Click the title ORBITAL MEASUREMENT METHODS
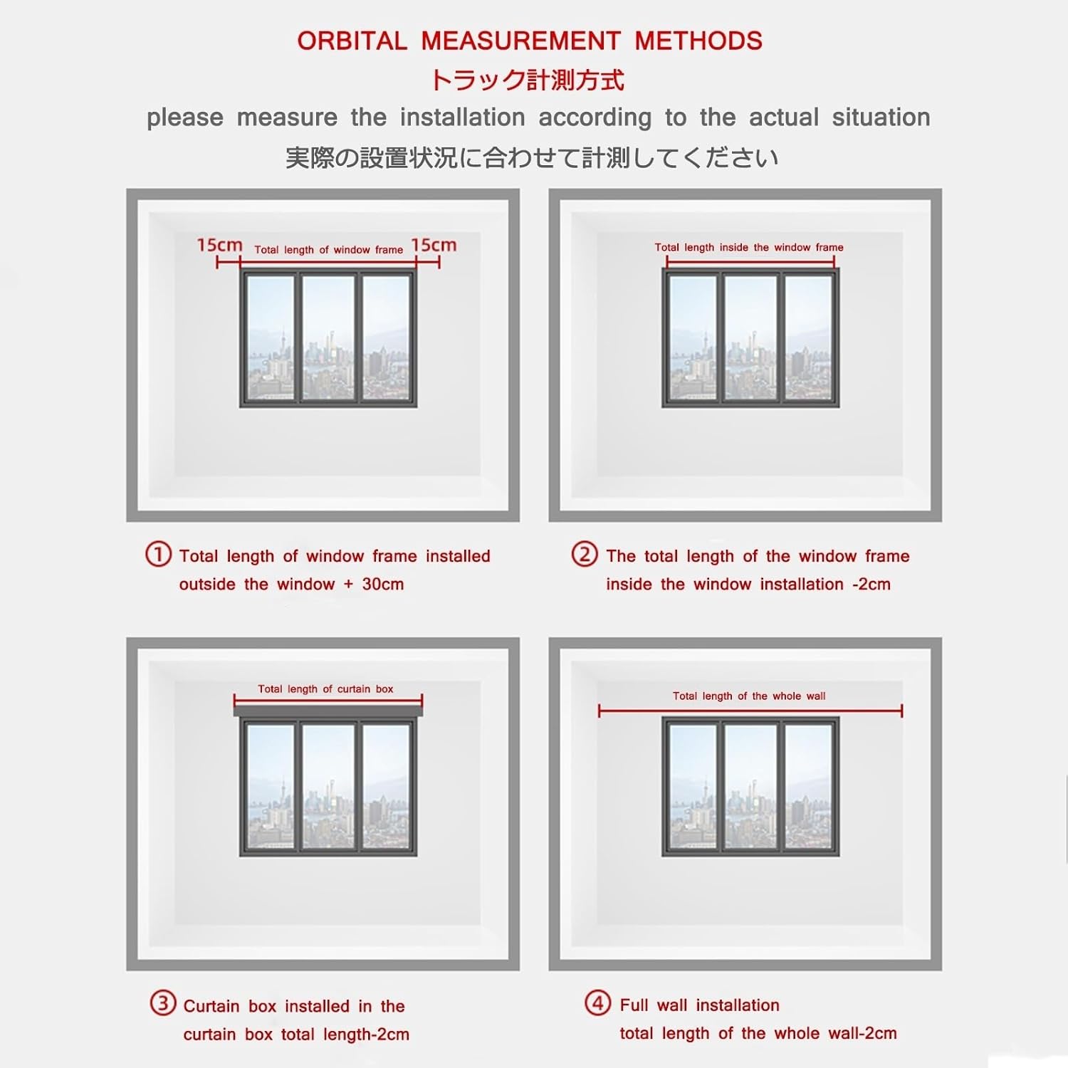530,41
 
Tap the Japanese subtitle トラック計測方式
527,80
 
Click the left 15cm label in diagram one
219,245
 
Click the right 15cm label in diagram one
434,245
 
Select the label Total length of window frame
328,250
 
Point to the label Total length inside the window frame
749,248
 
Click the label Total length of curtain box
325,689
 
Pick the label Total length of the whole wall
749,696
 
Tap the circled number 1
158,554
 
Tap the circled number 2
585,554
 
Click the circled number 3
162,1004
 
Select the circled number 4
597,1003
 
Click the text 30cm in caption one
383,585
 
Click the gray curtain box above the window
328,711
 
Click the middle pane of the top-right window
750,337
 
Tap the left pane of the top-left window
271,337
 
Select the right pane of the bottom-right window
809,786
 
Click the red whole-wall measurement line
750,711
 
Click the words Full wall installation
699,1005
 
